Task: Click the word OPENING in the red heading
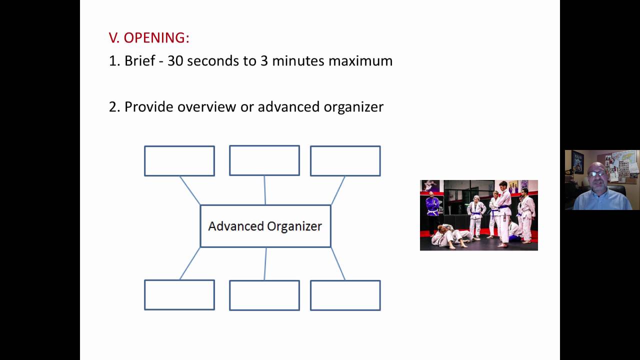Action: (x=156, y=38)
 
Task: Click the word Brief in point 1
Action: (x=140, y=61)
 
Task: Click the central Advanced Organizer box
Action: (x=265, y=226)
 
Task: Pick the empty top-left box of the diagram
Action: (x=179, y=161)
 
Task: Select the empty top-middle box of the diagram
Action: (x=264, y=160)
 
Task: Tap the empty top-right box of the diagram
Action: (x=345, y=161)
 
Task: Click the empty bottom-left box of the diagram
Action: (x=179, y=295)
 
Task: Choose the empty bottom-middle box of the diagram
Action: (x=264, y=295)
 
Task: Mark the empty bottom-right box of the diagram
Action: (x=345, y=295)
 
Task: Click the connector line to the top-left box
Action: (x=190, y=190)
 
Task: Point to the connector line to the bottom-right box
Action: (x=338, y=263)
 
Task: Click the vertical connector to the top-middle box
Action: (x=264, y=190)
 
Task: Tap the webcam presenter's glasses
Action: (x=597, y=173)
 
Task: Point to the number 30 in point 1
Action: (x=175, y=61)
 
